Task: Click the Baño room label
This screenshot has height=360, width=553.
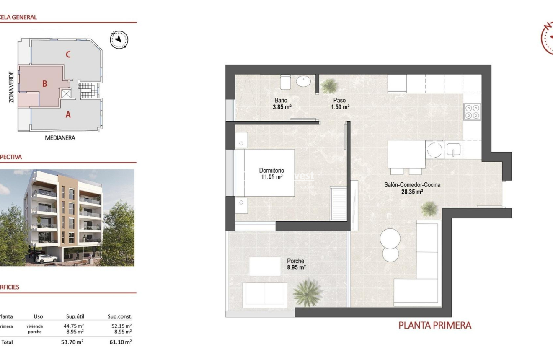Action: (x=281, y=101)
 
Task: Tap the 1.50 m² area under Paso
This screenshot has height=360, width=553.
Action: (x=340, y=107)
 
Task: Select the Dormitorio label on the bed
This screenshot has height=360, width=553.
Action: (x=271, y=171)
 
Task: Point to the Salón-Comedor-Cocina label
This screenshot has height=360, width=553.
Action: (x=412, y=185)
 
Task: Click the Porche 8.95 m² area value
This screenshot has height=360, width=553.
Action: (x=296, y=267)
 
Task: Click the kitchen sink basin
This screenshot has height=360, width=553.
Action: (x=453, y=149)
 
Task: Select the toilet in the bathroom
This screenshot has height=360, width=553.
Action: (x=286, y=82)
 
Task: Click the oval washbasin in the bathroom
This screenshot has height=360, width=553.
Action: (x=303, y=81)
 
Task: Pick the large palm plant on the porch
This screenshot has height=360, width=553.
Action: (x=308, y=292)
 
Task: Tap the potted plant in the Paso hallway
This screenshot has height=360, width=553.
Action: (x=329, y=86)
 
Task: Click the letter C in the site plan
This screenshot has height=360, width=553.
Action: (x=68, y=54)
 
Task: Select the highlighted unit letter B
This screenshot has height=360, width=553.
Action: (x=44, y=84)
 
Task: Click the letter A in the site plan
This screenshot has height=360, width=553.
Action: (x=68, y=114)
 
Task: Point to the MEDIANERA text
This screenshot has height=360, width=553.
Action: (x=60, y=138)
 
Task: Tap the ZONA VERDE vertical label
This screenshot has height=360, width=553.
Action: (x=11, y=87)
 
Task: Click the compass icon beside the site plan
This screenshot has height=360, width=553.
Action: (x=119, y=39)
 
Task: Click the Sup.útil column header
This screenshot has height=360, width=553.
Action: (x=75, y=316)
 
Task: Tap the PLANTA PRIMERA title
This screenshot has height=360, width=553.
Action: (x=434, y=325)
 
